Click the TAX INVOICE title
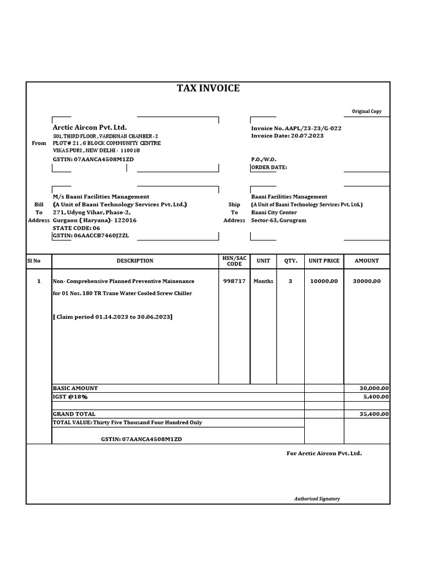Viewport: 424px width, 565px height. pos(208,88)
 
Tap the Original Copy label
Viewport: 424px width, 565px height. pos(367,111)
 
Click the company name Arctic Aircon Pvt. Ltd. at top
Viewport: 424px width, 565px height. pos(89,127)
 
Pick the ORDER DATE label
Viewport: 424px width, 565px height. pos(269,167)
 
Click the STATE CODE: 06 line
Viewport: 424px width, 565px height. pos(76,228)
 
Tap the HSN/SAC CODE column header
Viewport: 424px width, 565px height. pos(235,261)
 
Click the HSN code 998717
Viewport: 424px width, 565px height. pos(235,281)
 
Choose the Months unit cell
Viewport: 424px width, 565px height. pos(263,281)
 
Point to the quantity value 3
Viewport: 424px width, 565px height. pos(290,281)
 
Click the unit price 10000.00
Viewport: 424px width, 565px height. pos(324,281)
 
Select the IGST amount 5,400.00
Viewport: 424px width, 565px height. pos(375,397)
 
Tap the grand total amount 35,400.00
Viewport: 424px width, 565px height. pos(374,414)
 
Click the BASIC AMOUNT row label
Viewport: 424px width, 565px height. pos(75,388)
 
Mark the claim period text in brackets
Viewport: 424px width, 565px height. pos(113,317)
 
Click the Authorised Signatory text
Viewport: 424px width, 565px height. pos(317,499)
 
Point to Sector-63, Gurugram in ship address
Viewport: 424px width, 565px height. pos(278,220)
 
